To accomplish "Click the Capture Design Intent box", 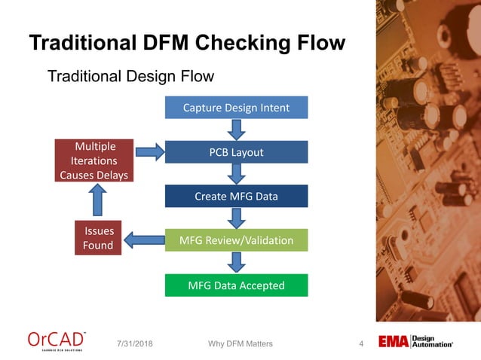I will point(236,108).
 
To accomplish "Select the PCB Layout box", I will point(236,152).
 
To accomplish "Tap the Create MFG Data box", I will point(236,197).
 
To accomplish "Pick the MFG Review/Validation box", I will point(236,240).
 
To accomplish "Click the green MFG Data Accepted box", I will point(236,285).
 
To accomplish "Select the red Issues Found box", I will point(98,238).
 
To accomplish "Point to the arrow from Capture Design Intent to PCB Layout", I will point(237,130).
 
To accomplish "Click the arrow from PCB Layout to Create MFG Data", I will point(237,174).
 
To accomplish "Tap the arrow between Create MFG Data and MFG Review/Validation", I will point(237,218).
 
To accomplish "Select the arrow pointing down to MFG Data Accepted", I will point(237,263).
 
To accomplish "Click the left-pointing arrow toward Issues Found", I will point(143,241).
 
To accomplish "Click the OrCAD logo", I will point(57,341).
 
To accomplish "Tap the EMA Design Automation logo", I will point(415,342).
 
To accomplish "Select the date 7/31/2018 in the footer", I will point(136,344).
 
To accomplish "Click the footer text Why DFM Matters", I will point(240,344).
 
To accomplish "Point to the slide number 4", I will point(361,344).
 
